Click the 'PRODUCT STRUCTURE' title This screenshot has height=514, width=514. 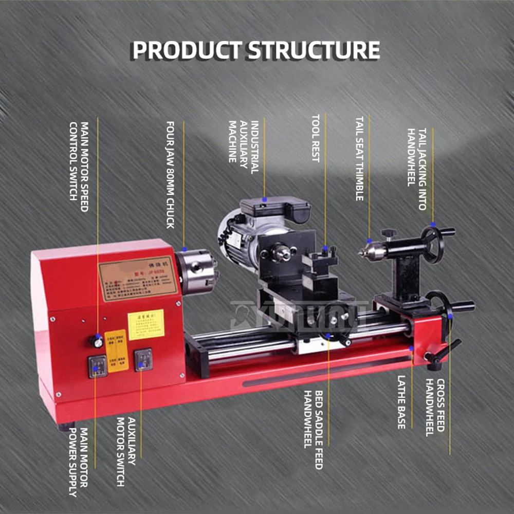pos(256,50)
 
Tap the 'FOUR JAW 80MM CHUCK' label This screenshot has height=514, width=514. pos(171,175)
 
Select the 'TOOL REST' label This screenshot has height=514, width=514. pos(315,138)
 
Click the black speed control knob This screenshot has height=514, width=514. pos(95,340)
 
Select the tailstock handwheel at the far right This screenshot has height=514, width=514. pos(433,245)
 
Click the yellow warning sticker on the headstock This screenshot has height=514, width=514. pos(146,324)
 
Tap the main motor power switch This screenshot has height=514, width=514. pos(97,366)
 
